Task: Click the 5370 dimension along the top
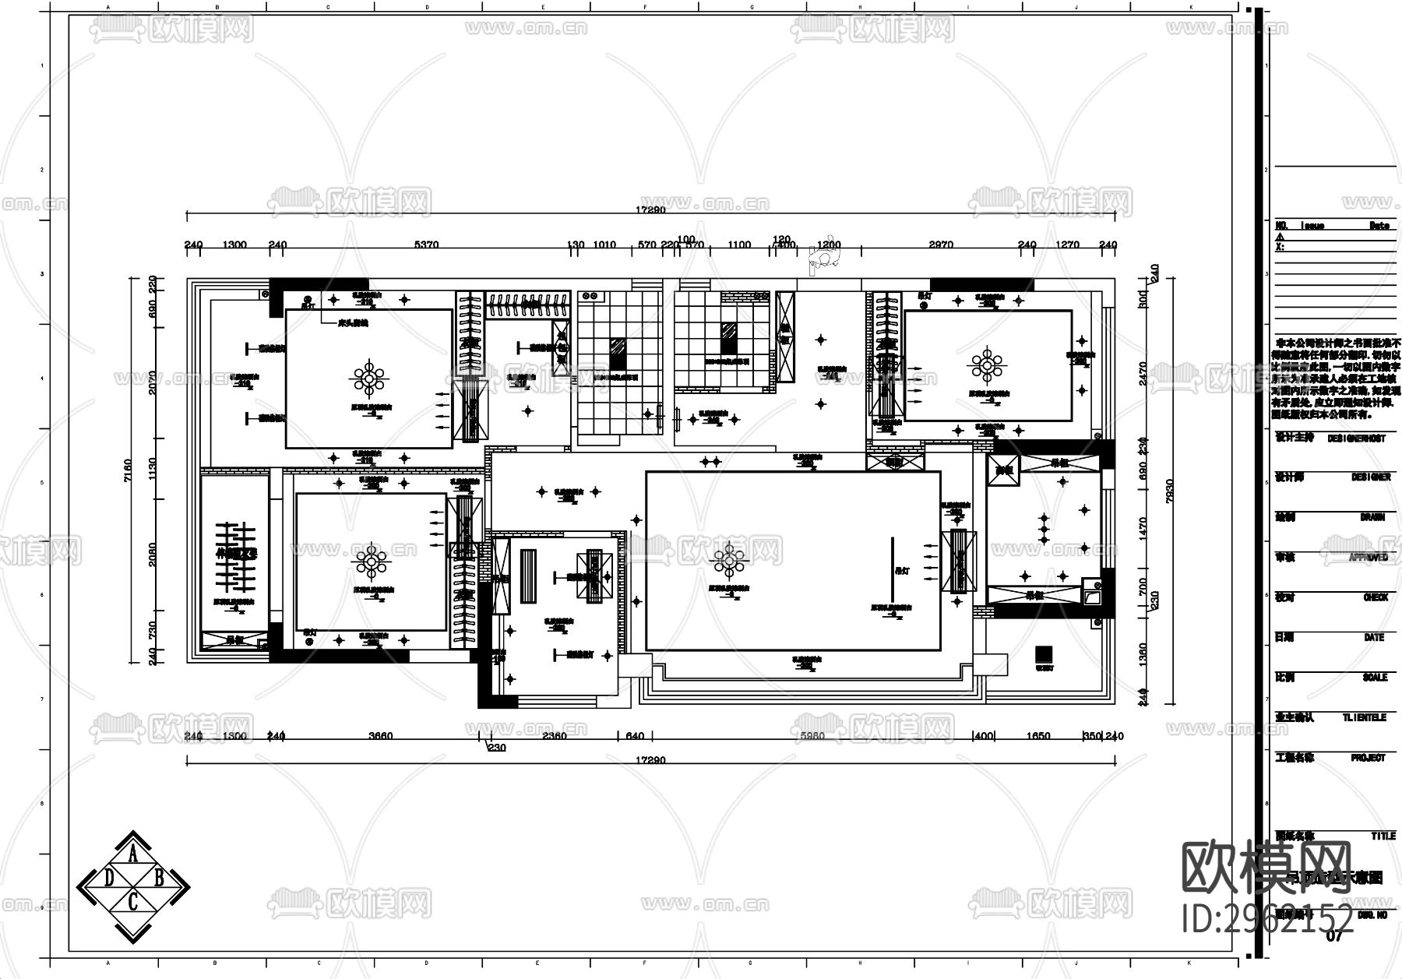pos(426,245)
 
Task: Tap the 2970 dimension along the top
pos(941,245)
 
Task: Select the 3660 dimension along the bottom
pos(380,735)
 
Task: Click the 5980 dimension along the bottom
pos(812,735)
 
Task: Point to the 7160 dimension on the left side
pos(129,471)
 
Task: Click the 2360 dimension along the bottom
pos(554,735)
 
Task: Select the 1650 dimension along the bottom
pos(1038,735)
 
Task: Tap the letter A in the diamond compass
pos(133,856)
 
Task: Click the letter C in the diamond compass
pos(133,902)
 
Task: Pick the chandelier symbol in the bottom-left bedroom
pos(370,561)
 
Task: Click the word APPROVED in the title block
pos(1368,558)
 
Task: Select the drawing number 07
pos(1334,936)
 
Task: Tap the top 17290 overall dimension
pos(650,210)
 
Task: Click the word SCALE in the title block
pos(1375,678)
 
